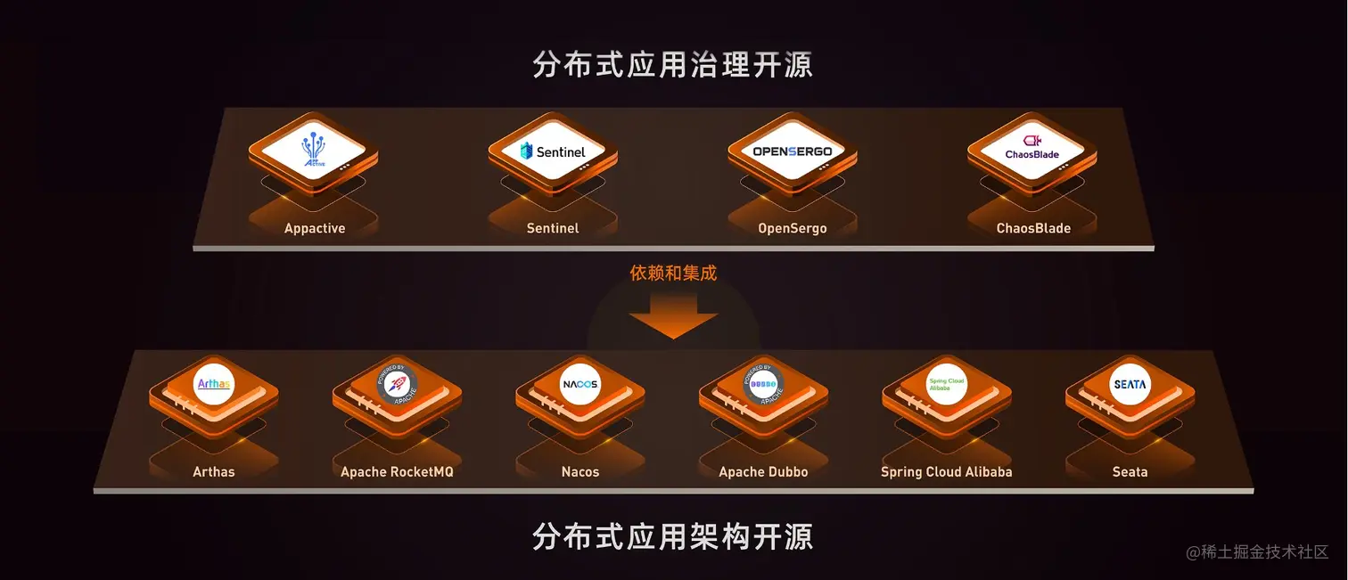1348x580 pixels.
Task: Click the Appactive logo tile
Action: [314, 149]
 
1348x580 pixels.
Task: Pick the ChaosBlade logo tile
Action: [1032, 149]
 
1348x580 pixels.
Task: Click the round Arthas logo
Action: [214, 384]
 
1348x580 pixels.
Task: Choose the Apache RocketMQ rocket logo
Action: [397, 384]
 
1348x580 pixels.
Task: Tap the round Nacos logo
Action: [580, 384]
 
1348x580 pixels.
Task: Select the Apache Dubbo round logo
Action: [763, 384]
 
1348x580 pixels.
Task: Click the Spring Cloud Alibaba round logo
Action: [947, 384]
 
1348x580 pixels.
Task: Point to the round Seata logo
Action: [1130, 384]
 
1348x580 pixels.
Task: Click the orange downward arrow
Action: [673, 319]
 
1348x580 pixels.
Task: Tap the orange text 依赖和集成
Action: [673, 274]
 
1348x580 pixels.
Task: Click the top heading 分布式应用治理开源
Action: [673, 65]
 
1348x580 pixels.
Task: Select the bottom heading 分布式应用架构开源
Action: [673, 537]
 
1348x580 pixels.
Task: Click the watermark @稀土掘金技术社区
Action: [1257, 552]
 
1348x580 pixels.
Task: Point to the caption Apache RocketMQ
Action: [397, 472]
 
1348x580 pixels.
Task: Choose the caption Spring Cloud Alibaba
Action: [947, 472]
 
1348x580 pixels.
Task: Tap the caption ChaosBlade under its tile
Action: [1033, 229]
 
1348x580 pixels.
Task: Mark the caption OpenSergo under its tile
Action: [793, 229]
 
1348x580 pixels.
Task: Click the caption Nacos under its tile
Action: [580, 472]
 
